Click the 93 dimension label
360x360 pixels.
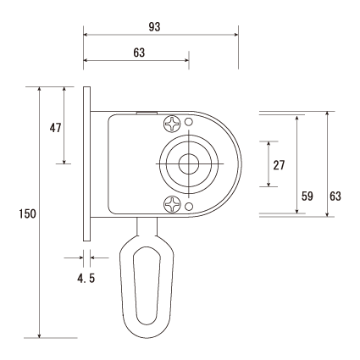pyautogui.click(x=154, y=27)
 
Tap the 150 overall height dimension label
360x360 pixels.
pyautogui.click(x=28, y=213)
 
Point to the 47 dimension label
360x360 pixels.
pyautogui.click(x=55, y=128)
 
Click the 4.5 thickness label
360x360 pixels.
pyautogui.click(x=86, y=279)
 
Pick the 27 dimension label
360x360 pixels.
pyautogui.click(x=279, y=165)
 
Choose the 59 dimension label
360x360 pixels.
pyautogui.click(x=307, y=196)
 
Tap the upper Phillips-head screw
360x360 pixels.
pyautogui.click(x=172, y=124)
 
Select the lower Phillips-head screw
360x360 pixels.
pyautogui.click(x=172, y=204)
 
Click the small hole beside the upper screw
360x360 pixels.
pyautogui.click(x=189, y=122)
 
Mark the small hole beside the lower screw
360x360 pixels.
pyautogui.click(x=189, y=207)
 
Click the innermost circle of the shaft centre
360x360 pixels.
pyautogui.click(x=189, y=164)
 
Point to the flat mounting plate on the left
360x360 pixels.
pyautogui.click(x=87, y=163)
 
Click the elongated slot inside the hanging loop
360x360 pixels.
pyautogui.click(x=147, y=285)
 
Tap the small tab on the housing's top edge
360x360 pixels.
pyautogui.click(x=147, y=113)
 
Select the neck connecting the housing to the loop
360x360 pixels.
pyautogui.click(x=147, y=226)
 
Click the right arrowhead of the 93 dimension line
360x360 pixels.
pyautogui.click(x=236, y=35)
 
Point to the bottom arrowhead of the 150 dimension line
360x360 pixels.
pyautogui.click(x=40, y=335)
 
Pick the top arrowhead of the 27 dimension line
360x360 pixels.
pyautogui.click(x=269, y=144)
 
